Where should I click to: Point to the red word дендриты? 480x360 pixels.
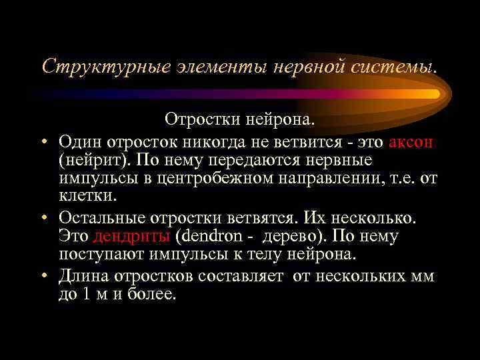(x=133, y=236)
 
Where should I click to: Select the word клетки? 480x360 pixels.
(x=87, y=198)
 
